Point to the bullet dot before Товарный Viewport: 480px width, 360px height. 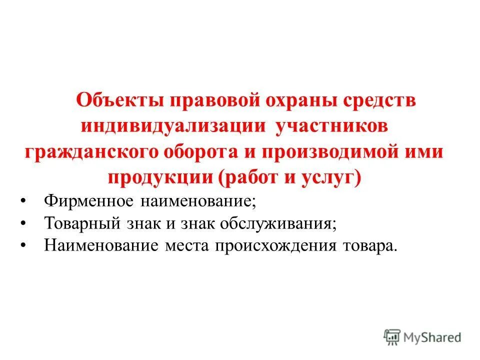[24, 223]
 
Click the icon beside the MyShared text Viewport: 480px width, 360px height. [393, 337]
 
